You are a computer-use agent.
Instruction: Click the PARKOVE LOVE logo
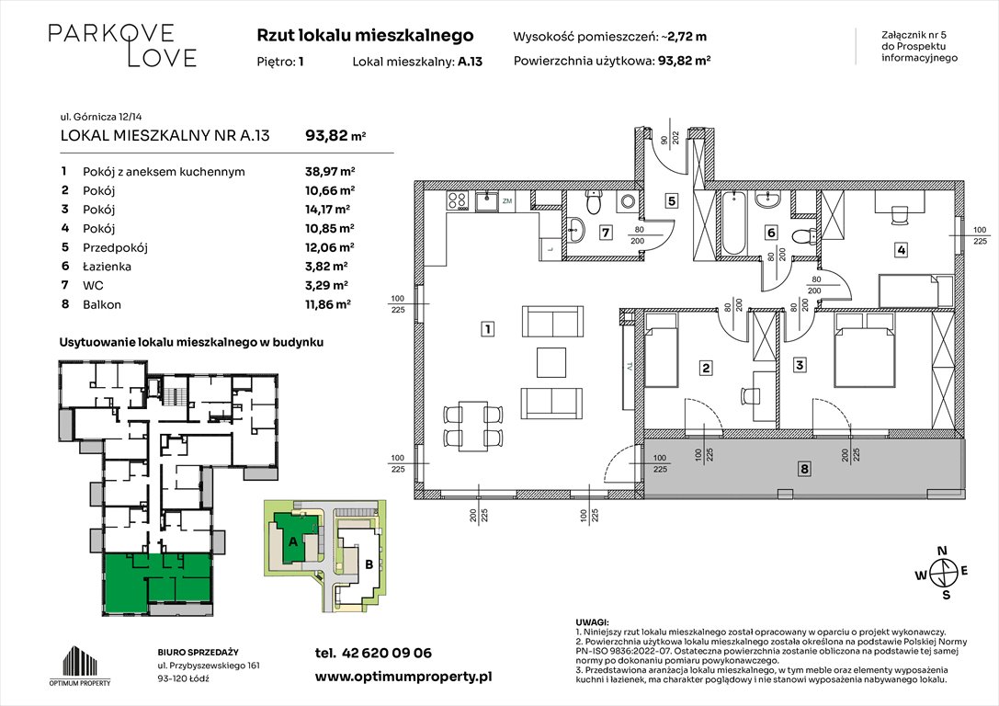click(x=122, y=45)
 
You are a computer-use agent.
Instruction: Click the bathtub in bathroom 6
click(x=733, y=224)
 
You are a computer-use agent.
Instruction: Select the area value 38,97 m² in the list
click(x=330, y=171)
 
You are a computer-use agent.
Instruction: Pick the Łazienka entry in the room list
click(x=106, y=266)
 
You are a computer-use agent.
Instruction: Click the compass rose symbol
click(x=942, y=573)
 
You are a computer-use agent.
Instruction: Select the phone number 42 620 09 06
click(x=386, y=653)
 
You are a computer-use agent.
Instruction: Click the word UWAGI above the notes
click(x=590, y=622)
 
